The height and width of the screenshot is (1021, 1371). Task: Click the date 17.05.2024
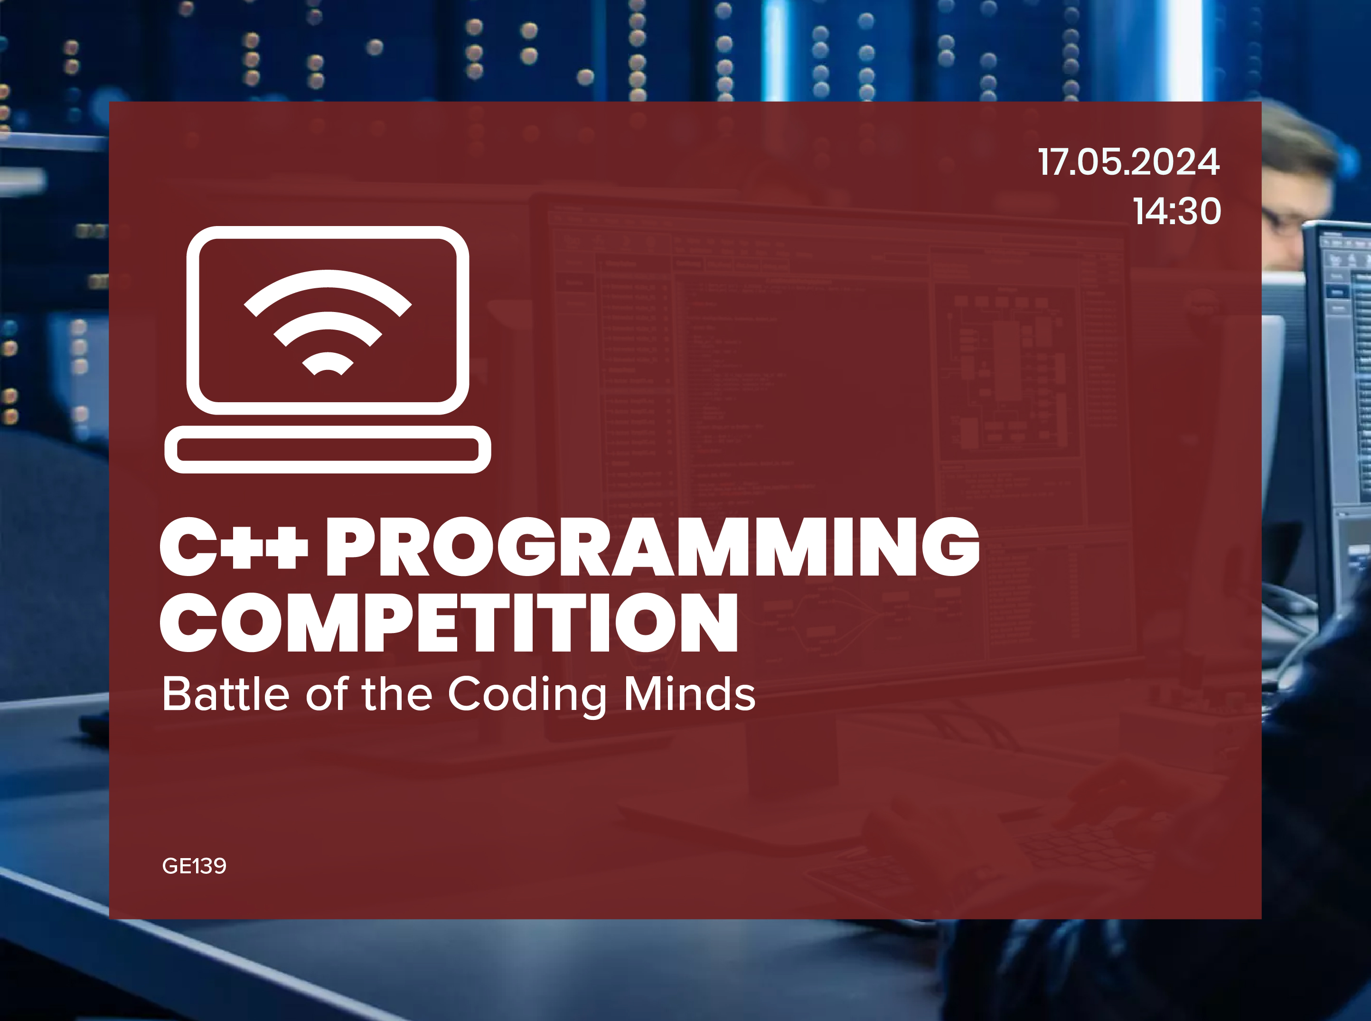click(1127, 162)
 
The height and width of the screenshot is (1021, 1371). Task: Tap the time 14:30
click(1176, 211)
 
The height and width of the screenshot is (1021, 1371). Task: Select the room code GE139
click(194, 866)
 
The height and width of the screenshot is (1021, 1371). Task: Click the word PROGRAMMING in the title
click(652, 548)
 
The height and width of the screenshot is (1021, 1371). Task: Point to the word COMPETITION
click(449, 623)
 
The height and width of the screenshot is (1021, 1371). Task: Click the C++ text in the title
click(234, 548)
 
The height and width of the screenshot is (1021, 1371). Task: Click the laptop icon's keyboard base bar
click(328, 449)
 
